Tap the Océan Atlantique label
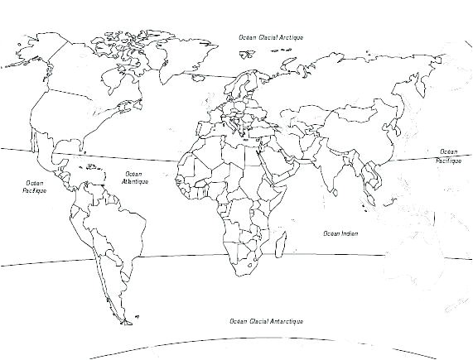click(133, 178)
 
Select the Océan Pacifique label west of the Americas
click(35, 186)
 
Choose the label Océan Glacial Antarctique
click(267, 320)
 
